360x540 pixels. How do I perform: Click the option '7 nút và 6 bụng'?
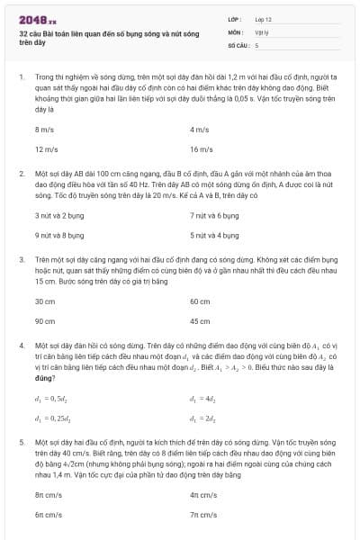click(214, 216)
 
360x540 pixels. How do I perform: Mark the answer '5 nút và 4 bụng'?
click(214, 235)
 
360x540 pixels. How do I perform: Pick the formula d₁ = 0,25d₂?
click(54, 417)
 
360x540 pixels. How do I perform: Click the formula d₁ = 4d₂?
click(204, 398)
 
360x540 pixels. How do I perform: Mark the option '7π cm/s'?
click(203, 514)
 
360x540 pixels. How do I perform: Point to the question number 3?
click(21, 258)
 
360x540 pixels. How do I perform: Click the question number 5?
click(21, 443)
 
